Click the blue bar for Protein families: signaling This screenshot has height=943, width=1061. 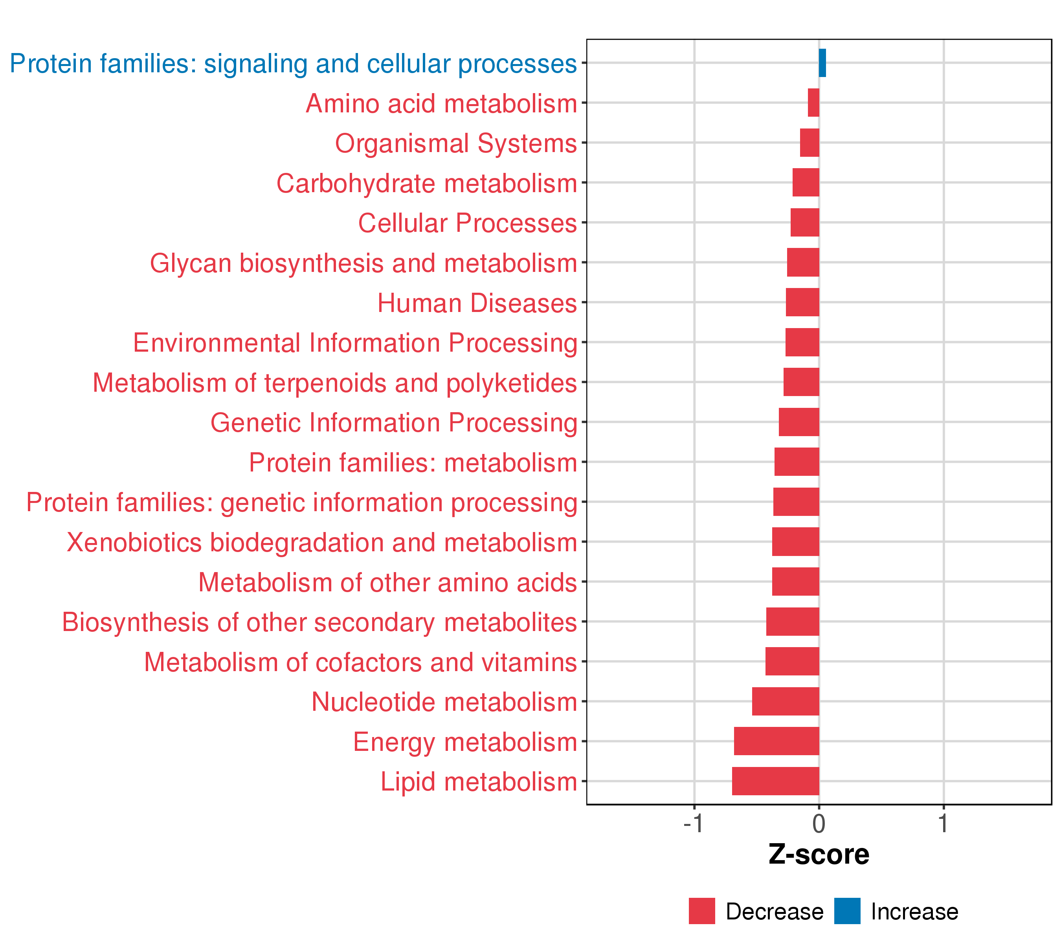pos(822,63)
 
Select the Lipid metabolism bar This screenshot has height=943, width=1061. pos(775,781)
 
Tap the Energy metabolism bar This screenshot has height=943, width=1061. pos(776,741)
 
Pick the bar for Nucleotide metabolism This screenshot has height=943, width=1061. pos(786,701)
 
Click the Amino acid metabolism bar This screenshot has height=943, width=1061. pos(813,103)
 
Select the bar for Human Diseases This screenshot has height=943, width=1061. pos(802,302)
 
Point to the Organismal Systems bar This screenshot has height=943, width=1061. pos(809,143)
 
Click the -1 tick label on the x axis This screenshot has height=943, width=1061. pos(694,824)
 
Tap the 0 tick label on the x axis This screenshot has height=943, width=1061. pos(819,824)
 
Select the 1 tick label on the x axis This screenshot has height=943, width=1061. pos(943,824)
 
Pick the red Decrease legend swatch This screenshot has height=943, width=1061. pos(702,911)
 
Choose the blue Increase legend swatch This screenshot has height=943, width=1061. pos(847,911)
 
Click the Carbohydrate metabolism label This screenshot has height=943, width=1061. pos(427,183)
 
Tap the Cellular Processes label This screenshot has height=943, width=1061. pos(467,223)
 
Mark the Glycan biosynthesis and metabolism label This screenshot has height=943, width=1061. pos(363,263)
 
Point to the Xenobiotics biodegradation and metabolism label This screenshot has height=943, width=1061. pos(322,542)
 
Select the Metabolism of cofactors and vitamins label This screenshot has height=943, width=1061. pos(360,662)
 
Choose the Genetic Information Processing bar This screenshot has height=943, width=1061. pos(799,422)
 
